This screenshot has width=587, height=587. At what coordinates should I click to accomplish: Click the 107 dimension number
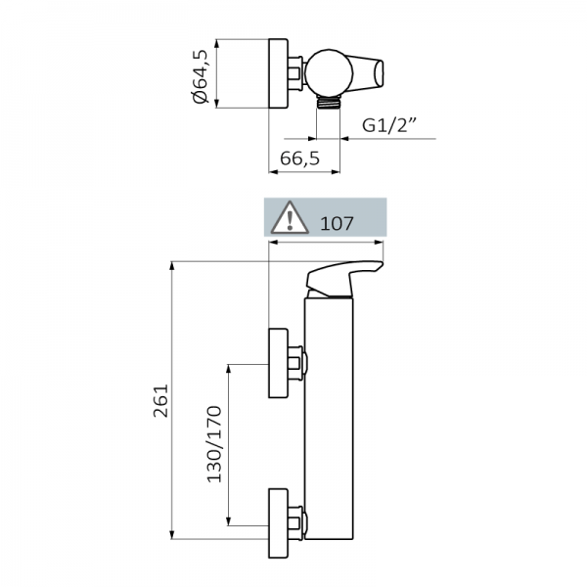pyautogui.click(x=337, y=222)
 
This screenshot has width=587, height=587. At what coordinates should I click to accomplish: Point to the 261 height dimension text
pyautogui.click(x=162, y=400)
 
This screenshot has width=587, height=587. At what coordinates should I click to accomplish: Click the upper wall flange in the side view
pyautogui.click(x=279, y=363)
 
